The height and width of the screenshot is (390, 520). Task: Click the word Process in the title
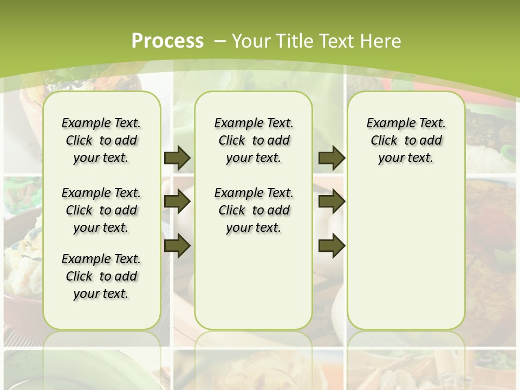(167, 41)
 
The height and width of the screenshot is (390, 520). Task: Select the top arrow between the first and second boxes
(177, 158)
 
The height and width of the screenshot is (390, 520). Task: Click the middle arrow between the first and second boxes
(177, 202)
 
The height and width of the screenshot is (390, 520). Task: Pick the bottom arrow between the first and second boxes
(177, 246)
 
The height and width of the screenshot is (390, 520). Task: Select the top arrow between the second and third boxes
(331, 158)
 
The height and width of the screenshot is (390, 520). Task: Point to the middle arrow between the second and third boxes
(331, 202)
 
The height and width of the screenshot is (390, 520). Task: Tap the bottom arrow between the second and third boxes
(331, 246)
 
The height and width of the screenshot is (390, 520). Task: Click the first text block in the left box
(101, 140)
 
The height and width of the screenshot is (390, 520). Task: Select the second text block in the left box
(101, 210)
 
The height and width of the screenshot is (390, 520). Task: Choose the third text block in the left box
(101, 276)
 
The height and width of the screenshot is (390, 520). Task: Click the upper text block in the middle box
(253, 140)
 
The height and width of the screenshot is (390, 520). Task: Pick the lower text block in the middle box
(253, 210)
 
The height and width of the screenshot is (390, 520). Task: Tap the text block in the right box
(406, 140)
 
